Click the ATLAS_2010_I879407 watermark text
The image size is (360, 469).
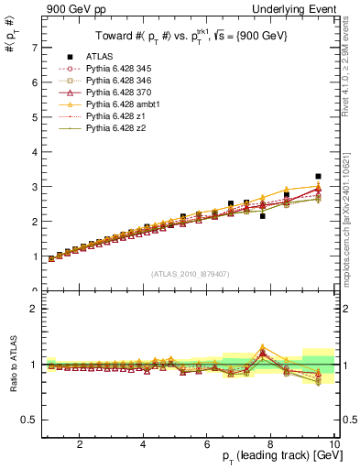(x=189, y=272)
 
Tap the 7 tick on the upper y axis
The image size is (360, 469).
(x=34, y=47)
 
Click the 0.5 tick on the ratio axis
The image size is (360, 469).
(x=29, y=420)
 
